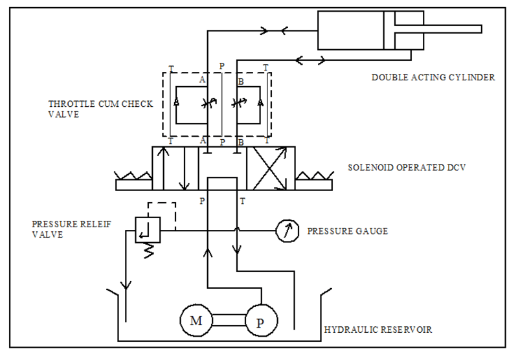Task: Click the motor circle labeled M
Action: pyautogui.click(x=196, y=320)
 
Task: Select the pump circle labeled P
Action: pyautogui.click(x=260, y=321)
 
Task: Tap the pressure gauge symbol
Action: pyautogui.click(x=286, y=231)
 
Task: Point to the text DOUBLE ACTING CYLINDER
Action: pyautogui.click(x=433, y=78)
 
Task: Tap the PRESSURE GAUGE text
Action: pyautogui.click(x=348, y=231)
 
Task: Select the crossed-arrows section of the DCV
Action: pyautogui.click(x=271, y=168)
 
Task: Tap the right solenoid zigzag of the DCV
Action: pyautogui.click(x=314, y=175)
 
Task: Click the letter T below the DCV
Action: pyautogui.click(x=243, y=201)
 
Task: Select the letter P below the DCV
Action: pyautogui.click(x=202, y=201)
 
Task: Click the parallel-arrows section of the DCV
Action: pyautogui.click(x=175, y=168)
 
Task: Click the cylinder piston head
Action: pyautogui.click(x=388, y=30)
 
